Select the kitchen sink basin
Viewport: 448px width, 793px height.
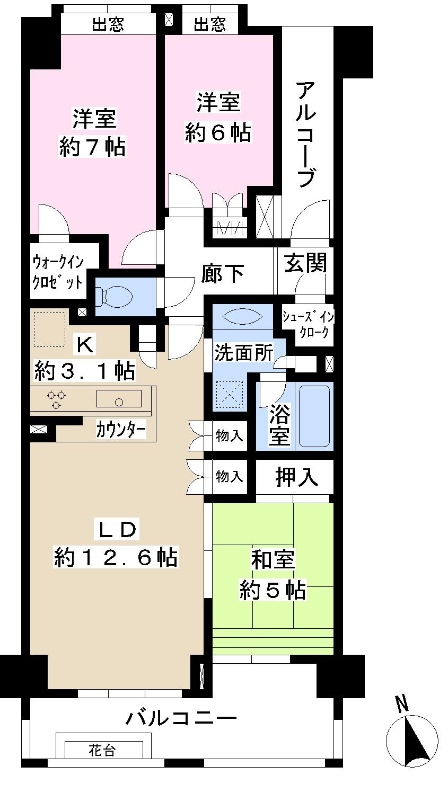tap(119, 399)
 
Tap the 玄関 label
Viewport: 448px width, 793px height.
tap(305, 263)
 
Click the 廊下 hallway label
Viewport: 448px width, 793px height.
tap(223, 273)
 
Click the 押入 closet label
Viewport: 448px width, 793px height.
tap(296, 477)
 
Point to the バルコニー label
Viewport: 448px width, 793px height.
tap(181, 719)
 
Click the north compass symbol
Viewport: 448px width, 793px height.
tap(412, 741)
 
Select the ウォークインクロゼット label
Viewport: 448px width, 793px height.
tap(58, 272)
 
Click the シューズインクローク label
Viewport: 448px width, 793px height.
tap(308, 325)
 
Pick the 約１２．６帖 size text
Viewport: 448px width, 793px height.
tap(116, 557)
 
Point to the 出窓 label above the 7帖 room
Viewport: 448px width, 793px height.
tap(108, 25)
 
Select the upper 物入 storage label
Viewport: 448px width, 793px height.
tap(230, 436)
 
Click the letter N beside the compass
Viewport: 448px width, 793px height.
tap(402, 705)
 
